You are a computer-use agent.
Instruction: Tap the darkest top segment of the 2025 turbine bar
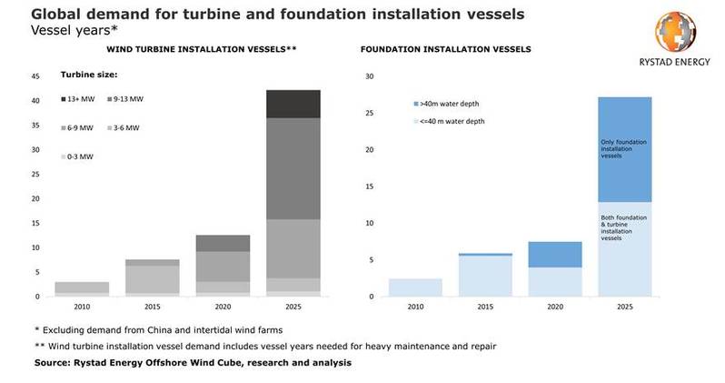pos(293,104)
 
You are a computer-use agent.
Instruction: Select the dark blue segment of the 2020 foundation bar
pos(555,255)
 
